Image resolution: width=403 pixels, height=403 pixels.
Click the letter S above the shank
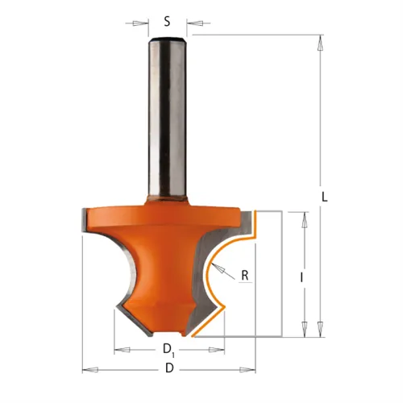click(x=167, y=22)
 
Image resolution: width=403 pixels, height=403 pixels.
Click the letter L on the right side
click(x=325, y=197)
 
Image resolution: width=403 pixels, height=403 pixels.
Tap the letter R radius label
click(x=245, y=276)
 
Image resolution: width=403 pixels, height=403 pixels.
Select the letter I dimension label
click(x=301, y=278)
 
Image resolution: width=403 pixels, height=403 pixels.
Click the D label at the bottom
click(x=169, y=368)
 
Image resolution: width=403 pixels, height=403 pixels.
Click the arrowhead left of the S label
click(x=140, y=23)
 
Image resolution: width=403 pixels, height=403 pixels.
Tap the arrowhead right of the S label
click(x=194, y=23)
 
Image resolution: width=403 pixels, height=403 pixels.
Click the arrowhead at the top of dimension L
click(x=320, y=43)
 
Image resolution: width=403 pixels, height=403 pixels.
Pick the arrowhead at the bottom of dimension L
click(x=320, y=329)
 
